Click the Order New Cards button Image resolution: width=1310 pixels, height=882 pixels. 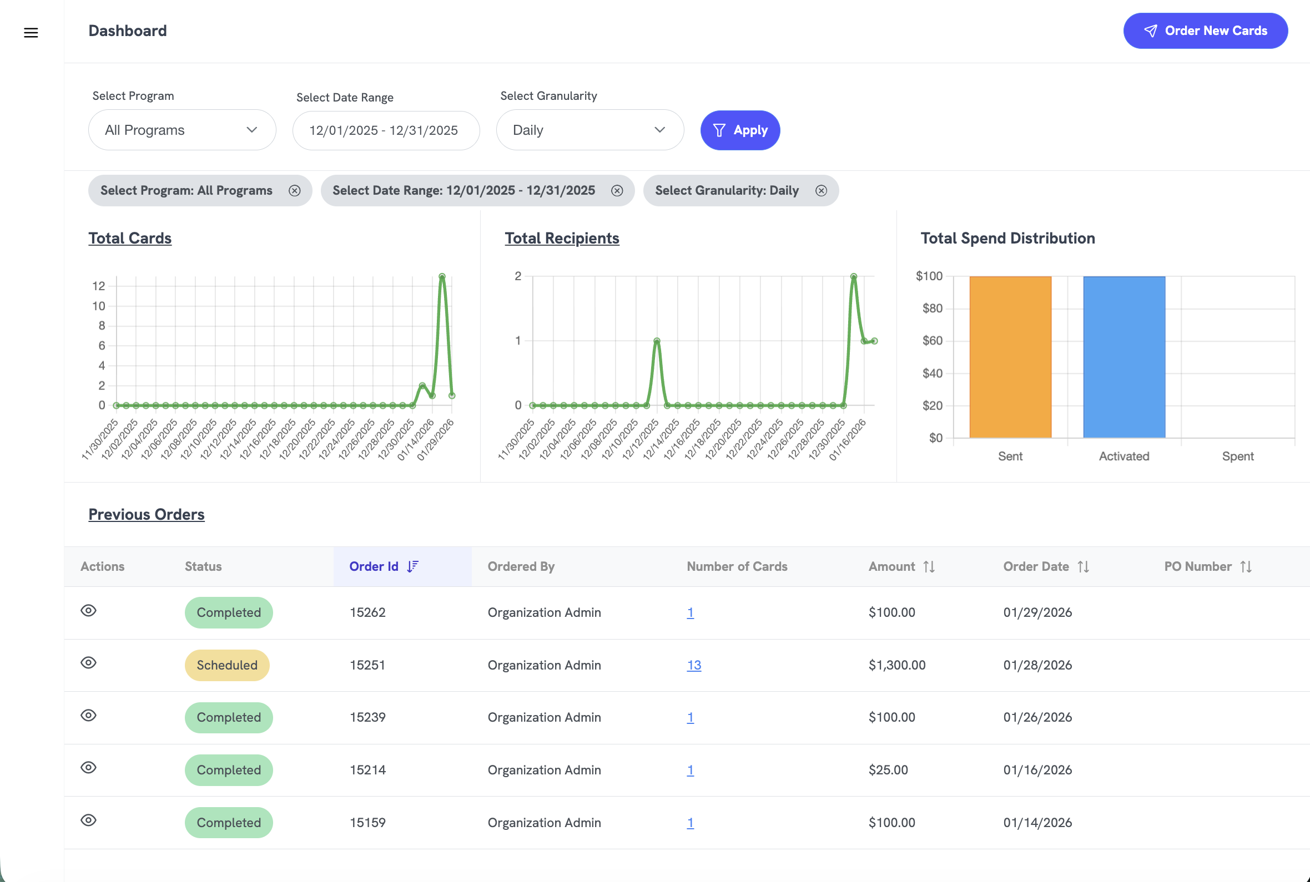[1205, 31]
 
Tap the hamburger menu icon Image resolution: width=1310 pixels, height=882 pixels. [31, 33]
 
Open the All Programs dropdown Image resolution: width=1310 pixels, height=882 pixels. [182, 130]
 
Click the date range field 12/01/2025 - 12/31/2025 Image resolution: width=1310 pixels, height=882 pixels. [385, 130]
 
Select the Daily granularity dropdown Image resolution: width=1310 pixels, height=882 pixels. [589, 130]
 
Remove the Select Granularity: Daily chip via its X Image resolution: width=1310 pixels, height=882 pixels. [821, 191]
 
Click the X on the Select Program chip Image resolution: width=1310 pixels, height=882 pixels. [294, 191]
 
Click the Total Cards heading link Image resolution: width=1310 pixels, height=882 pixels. [130, 239]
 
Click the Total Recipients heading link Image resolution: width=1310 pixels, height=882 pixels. [562, 239]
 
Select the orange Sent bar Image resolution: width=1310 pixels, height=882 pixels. [1010, 357]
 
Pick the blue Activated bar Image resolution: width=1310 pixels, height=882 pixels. [1123, 357]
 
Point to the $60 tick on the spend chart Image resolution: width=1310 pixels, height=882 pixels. [933, 341]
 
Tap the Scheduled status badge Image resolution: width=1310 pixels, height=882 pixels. [227, 665]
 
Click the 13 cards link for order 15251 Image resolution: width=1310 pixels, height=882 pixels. [693, 665]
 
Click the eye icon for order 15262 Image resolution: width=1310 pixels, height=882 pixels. [88, 610]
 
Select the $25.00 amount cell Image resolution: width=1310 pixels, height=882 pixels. [888, 769]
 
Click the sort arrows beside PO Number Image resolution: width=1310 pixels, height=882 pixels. [1246, 566]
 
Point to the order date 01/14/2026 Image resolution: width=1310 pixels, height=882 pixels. [1037, 823]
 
